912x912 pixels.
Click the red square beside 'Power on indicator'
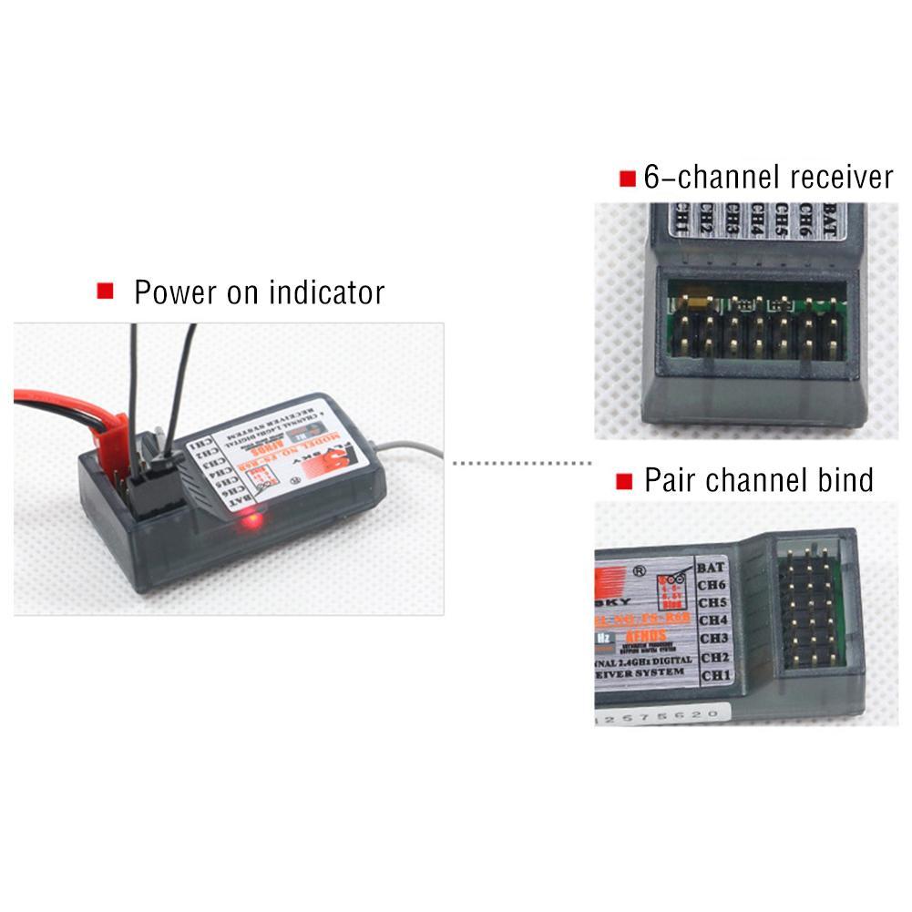coord(106,292)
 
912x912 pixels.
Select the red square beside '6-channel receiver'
coord(627,179)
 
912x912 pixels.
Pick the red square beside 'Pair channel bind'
coord(625,481)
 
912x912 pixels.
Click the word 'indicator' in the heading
coord(326,293)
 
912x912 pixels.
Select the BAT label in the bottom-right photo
coord(711,567)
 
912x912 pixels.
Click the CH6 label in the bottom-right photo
coord(712,585)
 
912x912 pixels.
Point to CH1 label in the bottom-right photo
coord(715,675)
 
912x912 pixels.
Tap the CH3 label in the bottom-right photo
coord(713,639)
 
